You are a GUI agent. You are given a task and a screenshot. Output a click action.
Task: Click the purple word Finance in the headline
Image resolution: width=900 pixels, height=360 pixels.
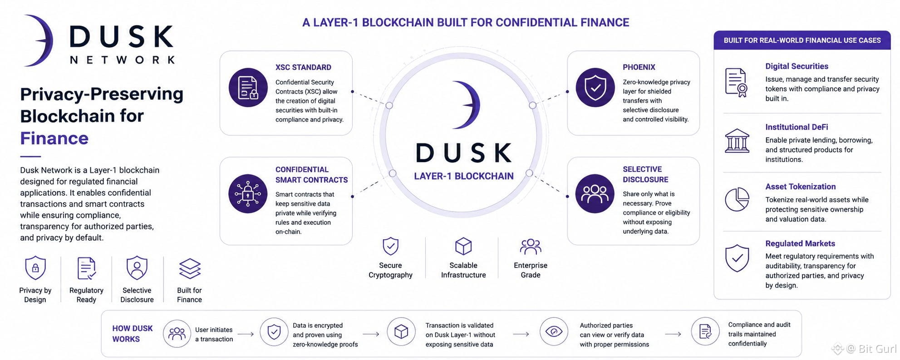tap(54, 138)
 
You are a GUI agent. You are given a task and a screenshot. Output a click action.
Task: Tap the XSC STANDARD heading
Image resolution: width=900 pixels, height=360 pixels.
tap(303, 67)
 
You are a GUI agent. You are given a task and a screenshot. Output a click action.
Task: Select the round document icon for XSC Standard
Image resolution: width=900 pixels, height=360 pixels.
tap(248, 88)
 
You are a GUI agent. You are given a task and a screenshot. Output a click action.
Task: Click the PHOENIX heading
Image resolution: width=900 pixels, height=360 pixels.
tap(639, 67)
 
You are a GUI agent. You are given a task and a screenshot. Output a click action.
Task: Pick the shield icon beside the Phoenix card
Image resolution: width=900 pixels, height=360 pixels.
tap(595, 88)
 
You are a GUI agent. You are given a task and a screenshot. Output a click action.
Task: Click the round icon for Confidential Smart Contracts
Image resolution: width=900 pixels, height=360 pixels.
tap(248, 194)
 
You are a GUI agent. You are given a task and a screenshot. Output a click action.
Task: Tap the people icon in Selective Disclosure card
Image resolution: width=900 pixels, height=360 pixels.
tap(595, 194)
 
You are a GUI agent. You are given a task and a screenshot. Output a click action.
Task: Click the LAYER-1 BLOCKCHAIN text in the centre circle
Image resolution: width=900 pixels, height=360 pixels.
tap(463, 176)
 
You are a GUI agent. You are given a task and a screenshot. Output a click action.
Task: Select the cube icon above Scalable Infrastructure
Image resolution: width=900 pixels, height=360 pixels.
tap(463, 247)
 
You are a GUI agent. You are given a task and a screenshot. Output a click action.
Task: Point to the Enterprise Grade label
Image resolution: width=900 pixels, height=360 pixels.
tap(531, 270)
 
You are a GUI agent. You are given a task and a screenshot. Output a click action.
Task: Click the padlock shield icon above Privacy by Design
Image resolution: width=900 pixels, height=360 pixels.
tap(35, 268)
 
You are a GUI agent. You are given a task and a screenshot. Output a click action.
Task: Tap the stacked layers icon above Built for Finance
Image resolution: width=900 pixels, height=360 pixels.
tap(190, 268)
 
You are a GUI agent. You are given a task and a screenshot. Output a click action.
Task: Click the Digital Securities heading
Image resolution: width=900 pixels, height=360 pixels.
tap(797, 66)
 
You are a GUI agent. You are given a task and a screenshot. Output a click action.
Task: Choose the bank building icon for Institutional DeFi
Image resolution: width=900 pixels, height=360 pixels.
tap(737, 141)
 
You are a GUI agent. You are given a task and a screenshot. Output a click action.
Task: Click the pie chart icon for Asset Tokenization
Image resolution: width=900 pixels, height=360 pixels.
tap(737, 199)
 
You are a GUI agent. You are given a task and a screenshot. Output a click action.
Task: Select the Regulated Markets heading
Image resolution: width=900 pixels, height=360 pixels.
tap(800, 243)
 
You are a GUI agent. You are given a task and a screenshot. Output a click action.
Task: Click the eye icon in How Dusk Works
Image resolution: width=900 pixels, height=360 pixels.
tap(554, 331)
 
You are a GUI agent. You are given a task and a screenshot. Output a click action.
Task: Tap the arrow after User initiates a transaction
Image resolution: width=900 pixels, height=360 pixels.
tap(246, 334)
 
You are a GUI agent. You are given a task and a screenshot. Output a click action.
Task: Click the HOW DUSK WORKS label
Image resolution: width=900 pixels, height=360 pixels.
tap(133, 334)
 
